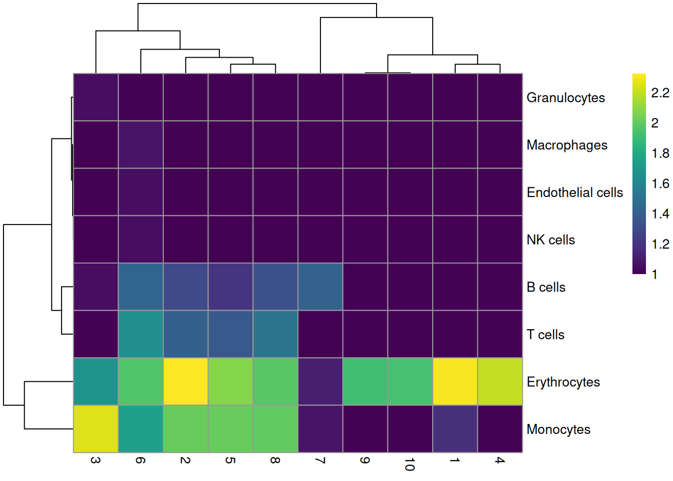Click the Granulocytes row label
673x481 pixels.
pos(565,98)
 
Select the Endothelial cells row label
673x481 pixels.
pos(574,192)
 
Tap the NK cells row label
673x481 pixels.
pos(550,240)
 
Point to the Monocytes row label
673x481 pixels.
pos(558,429)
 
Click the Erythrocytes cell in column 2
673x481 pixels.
pos(185,382)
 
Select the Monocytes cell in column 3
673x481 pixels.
pos(96,429)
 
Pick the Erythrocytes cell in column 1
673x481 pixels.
pos(455,382)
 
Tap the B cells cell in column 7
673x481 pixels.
pos(320,287)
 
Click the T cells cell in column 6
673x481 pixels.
pos(141,334)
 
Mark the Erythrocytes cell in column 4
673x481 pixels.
pos(500,382)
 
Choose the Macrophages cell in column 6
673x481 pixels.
pos(141,145)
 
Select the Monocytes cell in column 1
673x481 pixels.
pos(455,429)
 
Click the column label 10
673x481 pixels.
pos(410,464)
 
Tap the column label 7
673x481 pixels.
pos(320,460)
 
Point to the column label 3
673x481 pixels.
pos(96,460)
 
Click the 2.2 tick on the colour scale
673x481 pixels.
pos(660,93)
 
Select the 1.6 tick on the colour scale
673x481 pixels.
pos(660,184)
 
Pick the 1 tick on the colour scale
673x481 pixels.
pos(654,275)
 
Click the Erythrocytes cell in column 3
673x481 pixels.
pos(96,382)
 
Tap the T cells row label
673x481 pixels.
pos(545,335)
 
